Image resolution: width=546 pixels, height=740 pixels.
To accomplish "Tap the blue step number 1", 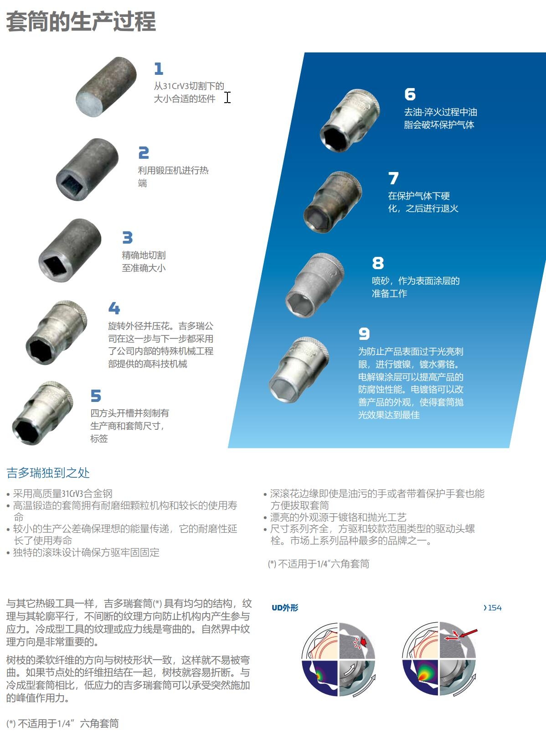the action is pyautogui.click(x=159, y=69).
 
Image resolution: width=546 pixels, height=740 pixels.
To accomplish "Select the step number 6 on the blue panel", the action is pyautogui.click(x=410, y=94).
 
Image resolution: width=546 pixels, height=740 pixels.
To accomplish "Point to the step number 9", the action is pyautogui.click(x=364, y=334).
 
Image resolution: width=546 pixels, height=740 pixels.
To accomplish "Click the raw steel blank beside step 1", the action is pyautogui.click(x=106, y=87).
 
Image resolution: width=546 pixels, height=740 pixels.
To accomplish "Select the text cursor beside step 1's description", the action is pyautogui.click(x=227, y=98).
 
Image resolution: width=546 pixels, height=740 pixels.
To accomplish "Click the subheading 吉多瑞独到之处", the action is pyautogui.click(x=48, y=473).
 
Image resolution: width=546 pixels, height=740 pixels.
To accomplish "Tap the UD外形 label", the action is pyautogui.click(x=285, y=608).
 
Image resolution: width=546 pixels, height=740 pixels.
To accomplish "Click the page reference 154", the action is pyautogui.click(x=493, y=608).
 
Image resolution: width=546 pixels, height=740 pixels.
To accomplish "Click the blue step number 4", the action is pyautogui.click(x=114, y=308).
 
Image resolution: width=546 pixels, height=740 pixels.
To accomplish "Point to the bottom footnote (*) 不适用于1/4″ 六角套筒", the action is pyautogui.click(x=62, y=723).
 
